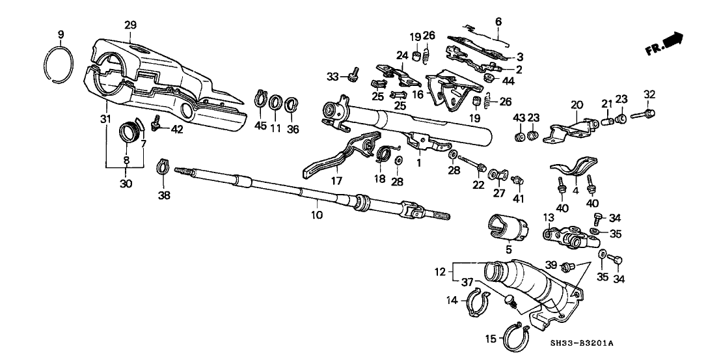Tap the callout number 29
pos(130,25)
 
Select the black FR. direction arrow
pos(674,41)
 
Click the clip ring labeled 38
pos(163,171)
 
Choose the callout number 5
pos(509,249)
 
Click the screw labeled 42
pos(156,122)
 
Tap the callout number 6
pos(498,21)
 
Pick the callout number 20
pos(575,104)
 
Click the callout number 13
pos(548,217)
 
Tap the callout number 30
pos(126,184)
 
